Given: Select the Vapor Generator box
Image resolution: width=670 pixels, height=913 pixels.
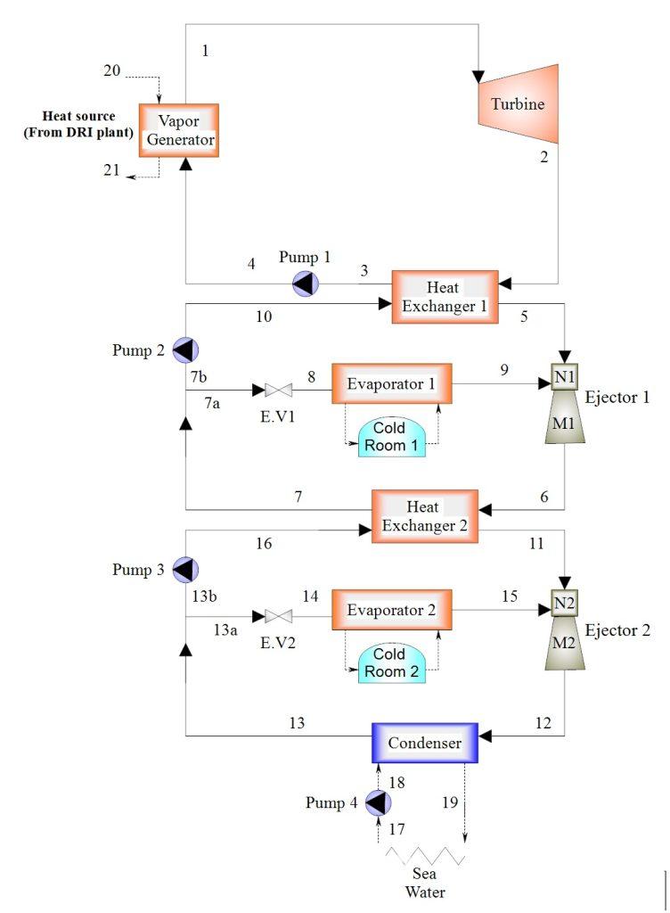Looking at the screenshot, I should [178, 130].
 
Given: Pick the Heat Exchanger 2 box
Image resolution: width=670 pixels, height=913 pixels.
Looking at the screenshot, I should [425, 515].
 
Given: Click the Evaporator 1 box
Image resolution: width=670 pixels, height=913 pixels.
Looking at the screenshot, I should [391, 384].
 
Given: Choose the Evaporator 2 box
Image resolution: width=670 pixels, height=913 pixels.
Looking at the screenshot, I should [391, 611].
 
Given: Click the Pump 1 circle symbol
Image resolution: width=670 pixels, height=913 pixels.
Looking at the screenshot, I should [306, 284].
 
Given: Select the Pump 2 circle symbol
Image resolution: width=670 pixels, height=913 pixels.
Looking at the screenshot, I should [185, 350].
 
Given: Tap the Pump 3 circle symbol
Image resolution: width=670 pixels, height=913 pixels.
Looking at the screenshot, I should [185, 569].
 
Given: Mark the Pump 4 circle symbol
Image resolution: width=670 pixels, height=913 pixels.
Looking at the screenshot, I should [379, 803].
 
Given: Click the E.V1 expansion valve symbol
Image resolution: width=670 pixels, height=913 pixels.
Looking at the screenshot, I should [279, 390].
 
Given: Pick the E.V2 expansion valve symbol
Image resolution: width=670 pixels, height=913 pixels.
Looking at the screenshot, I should [279, 616].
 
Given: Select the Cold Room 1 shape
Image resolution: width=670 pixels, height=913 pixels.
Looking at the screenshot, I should [391, 438].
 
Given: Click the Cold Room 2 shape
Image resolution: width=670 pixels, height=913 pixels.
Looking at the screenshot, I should [391, 663].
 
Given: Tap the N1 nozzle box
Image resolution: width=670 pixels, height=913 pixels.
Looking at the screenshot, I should [564, 376].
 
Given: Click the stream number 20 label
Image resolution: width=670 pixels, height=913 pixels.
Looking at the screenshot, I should [111, 70].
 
